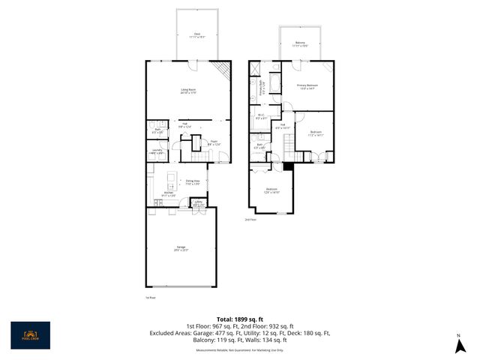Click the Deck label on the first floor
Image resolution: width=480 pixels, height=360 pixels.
pos(197,34)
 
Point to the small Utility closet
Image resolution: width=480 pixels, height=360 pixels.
pos(199,202)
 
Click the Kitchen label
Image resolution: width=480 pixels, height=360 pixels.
pos(169,194)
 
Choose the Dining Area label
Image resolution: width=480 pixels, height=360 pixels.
pos(193,181)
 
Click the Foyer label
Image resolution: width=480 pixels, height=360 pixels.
pos(214,142)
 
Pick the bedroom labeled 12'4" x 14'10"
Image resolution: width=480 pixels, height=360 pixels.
pos(271,190)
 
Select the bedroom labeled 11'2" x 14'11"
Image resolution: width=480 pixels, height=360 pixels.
pos(316,134)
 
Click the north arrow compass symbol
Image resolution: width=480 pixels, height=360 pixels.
pos(457,346)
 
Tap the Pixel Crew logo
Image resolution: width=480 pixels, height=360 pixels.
pos(31,335)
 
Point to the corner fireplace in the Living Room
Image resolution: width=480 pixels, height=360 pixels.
pos(220,71)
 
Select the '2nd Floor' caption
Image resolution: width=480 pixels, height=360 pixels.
pos(250,219)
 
